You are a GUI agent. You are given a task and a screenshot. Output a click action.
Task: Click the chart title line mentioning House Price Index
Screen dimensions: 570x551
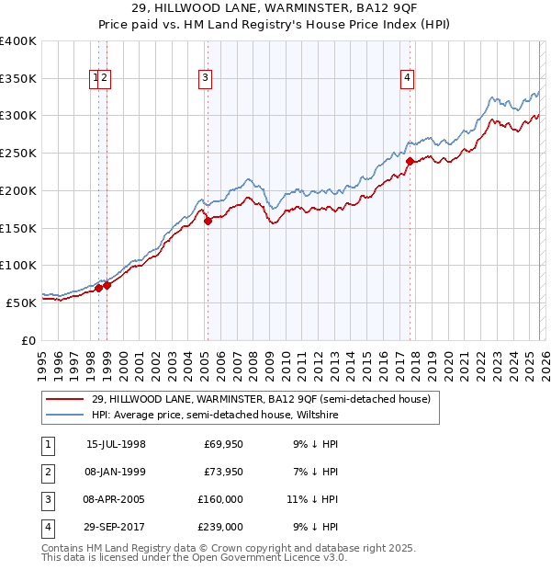tap(275, 26)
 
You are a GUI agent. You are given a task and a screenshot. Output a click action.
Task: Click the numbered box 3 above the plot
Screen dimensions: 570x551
tap(205, 79)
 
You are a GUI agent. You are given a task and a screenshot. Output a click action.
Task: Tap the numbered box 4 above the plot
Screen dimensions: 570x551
tap(406, 79)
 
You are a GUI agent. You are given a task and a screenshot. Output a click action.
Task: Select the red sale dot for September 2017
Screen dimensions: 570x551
tap(410, 161)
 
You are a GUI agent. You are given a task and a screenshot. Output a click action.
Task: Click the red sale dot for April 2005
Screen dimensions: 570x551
tap(208, 220)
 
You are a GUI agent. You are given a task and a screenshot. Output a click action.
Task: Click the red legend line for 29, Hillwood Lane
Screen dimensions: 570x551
tap(64, 399)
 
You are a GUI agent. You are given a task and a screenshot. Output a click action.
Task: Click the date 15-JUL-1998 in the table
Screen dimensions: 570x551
tap(116, 444)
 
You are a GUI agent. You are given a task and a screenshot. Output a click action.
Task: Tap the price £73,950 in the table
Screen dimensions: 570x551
tap(223, 472)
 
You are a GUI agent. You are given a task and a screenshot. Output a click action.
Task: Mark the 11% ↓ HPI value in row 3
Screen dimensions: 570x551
tap(312, 499)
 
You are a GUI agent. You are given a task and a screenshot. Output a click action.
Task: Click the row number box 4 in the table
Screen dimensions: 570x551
tap(47, 527)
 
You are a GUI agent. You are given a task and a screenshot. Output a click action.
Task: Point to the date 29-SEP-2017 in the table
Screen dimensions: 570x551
tap(116, 527)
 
